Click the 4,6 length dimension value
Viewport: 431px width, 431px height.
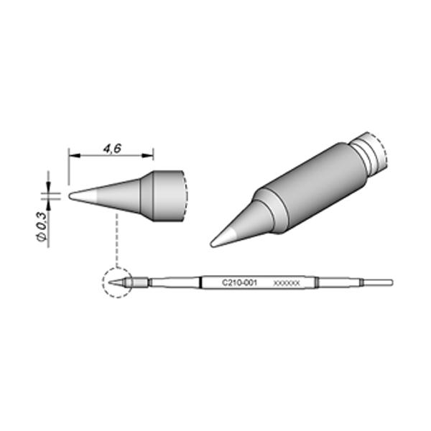[112, 149]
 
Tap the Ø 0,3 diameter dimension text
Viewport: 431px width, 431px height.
[41, 227]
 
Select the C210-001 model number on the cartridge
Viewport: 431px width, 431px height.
[239, 282]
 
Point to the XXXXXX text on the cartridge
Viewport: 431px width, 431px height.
[287, 283]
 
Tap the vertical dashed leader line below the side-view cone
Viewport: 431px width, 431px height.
[117, 240]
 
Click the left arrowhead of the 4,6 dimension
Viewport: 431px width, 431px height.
[74, 156]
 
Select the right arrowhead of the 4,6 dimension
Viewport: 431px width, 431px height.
[147, 156]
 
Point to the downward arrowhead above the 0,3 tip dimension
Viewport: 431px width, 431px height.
[48, 187]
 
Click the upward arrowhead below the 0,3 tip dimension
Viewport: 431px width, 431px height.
[48, 205]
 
